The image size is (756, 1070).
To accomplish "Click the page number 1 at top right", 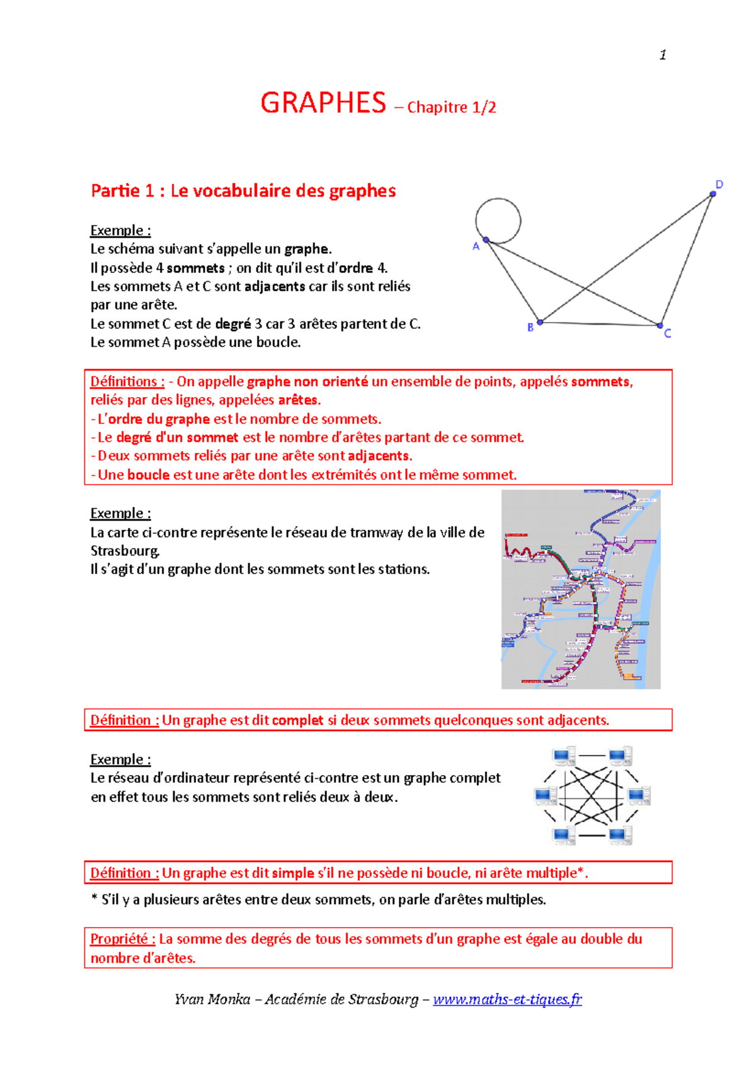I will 663,55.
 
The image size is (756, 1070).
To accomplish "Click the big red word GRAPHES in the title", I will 323,103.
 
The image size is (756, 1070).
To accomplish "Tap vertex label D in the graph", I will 719,185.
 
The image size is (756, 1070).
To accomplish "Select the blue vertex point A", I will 486,239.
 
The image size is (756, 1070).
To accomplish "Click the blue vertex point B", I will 540,322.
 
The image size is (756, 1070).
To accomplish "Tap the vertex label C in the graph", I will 667,333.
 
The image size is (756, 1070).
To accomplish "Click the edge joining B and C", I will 598,324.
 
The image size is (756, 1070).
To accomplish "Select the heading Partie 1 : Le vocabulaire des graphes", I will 243,190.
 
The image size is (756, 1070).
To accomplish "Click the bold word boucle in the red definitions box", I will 148,475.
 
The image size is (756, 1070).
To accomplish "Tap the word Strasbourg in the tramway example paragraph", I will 124,551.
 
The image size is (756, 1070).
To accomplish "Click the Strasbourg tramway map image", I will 580,589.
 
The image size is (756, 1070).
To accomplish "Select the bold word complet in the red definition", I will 297,720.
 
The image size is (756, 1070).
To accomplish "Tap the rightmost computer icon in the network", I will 638,797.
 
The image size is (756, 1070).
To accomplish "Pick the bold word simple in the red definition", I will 293,873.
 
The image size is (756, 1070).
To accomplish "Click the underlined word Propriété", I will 122,939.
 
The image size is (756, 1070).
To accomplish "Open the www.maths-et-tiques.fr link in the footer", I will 507,999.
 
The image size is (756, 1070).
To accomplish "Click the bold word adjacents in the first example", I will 275,286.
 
